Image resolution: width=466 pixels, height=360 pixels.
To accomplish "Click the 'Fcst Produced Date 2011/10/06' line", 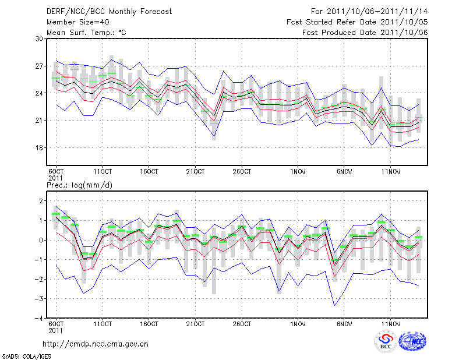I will (x=365, y=33).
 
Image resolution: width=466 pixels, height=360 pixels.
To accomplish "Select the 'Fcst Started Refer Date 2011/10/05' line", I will (x=357, y=22).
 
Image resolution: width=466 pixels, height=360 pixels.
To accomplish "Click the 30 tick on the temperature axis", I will (x=40, y=39).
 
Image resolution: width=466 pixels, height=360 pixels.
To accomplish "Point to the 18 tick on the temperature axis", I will (x=40, y=148).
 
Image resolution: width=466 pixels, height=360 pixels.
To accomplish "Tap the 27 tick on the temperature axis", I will (x=40, y=66).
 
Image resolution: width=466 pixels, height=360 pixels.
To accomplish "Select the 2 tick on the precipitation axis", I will (x=41, y=201).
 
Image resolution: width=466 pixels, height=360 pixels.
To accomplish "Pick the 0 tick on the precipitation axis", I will (x=41, y=240).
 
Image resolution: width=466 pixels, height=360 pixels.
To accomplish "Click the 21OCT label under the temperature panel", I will (x=195, y=172).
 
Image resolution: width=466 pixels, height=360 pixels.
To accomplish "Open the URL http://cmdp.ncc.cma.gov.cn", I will (x=96, y=344).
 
